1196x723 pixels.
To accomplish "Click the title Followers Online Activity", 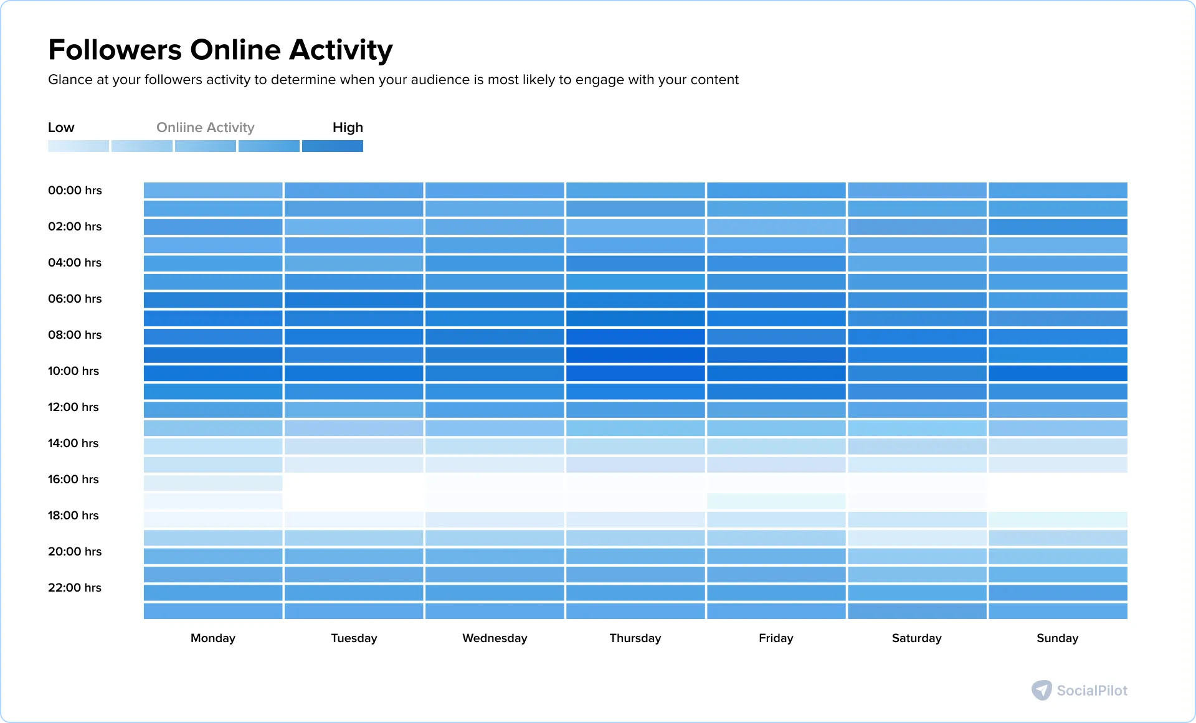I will click(x=220, y=50).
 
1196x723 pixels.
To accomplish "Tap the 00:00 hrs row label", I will click(x=75, y=191).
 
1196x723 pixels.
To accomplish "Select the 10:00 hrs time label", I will click(x=74, y=371).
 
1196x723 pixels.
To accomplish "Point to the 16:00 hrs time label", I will click(x=74, y=480).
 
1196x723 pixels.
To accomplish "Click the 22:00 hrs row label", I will click(x=75, y=588).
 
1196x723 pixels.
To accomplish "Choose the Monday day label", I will click(x=213, y=638).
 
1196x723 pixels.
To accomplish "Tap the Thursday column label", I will click(x=635, y=638).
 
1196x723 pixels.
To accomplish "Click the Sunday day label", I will click(x=1057, y=638).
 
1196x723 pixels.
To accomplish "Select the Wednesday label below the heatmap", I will click(x=495, y=638).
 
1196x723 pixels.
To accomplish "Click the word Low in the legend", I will click(x=61, y=128).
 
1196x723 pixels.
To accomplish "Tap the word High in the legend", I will click(x=348, y=128).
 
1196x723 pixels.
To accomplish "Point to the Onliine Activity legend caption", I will click(x=206, y=128).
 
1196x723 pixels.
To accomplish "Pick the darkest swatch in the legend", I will click(x=333, y=146).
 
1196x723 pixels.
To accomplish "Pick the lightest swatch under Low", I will click(x=78, y=146).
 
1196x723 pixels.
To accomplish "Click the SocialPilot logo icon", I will click(x=1042, y=690).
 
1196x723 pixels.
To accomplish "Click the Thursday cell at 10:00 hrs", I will click(x=635, y=374).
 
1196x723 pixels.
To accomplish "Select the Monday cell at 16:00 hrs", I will click(x=213, y=483).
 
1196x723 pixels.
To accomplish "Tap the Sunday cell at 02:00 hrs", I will click(x=1058, y=227).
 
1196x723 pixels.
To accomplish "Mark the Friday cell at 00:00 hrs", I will click(x=776, y=191).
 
